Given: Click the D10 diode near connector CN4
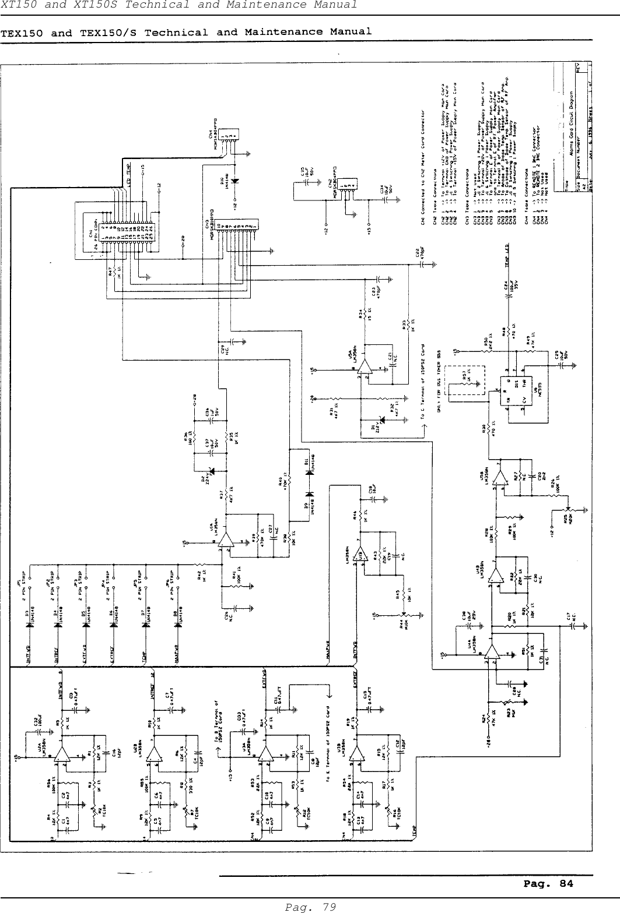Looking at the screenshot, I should point(235,181).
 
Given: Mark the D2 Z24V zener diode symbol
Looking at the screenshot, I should point(211,471).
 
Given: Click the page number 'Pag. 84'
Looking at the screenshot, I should point(547,884).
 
